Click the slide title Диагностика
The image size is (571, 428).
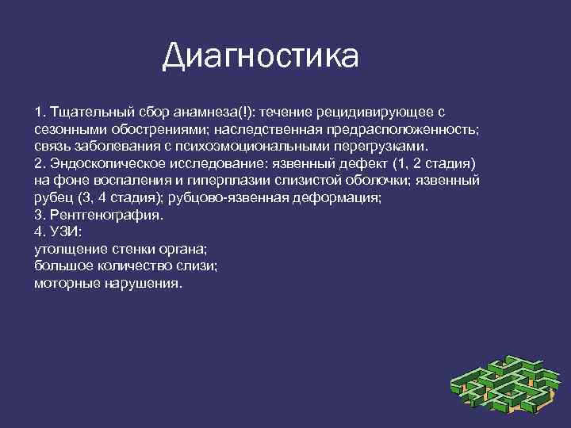(260, 56)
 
